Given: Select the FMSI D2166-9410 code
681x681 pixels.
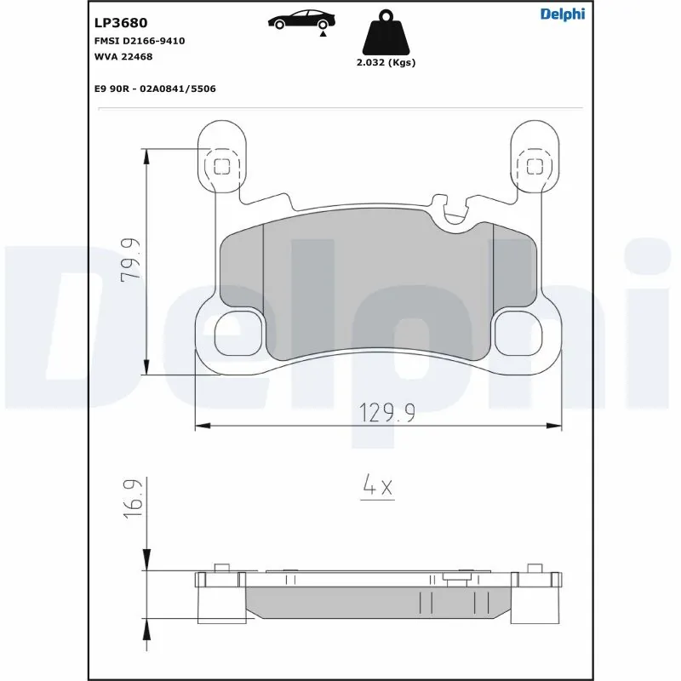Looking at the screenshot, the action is [139, 41].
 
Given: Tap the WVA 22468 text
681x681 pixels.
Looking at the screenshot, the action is [123, 56].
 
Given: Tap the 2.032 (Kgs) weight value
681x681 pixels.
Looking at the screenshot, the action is [386, 63].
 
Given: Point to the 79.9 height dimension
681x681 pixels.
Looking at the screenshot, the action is [130, 261].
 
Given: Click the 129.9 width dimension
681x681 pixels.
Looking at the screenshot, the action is [386, 414].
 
